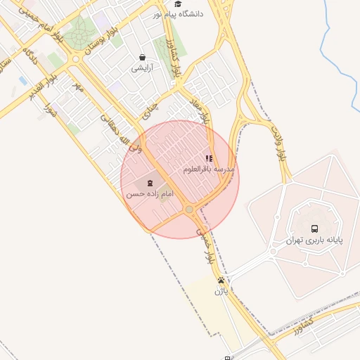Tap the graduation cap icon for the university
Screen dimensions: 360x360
(x=177, y=4)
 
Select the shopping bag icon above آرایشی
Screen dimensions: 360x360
(x=143, y=58)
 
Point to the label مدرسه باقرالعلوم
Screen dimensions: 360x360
(x=208, y=169)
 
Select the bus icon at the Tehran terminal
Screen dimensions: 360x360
(x=314, y=229)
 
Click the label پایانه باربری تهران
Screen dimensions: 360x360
(x=314, y=240)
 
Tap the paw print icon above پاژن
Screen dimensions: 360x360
(x=221, y=279)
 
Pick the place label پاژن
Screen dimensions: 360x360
(x=221, y=290)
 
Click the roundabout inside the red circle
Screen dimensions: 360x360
(x=189, y=210)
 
